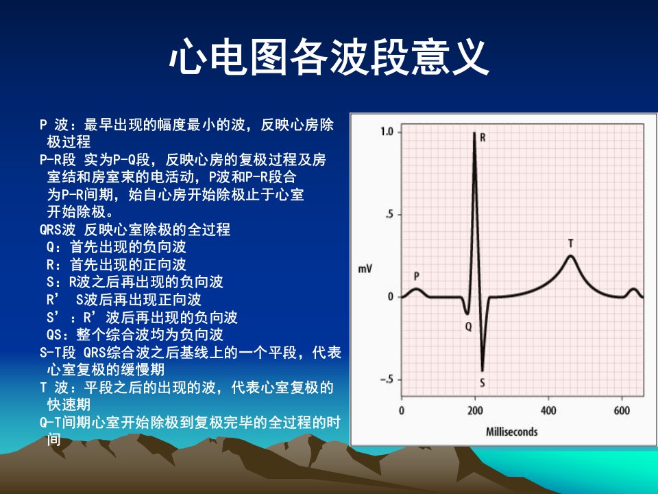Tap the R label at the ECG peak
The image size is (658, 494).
click(x=483, y=138)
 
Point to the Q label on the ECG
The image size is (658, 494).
click(x=468, y=326)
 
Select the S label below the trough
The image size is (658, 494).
click(x=482, y=383)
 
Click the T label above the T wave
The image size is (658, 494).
click(x=570, y=244)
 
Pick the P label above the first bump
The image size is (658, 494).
click(x=416, y=276)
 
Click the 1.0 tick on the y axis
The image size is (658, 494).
click(x=387, y=132)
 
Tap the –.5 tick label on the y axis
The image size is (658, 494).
click(x=387, y=379)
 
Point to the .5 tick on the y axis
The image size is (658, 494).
click(x=389, y=215)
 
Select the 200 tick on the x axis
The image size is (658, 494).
click(x=475, y=410)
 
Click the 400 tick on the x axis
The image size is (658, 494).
click(x=548, y=410)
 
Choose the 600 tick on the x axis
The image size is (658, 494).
click(x=622, y=410)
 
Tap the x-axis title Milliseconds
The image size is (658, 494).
click(x=511, y=432)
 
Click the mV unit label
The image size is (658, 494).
click(x=365, y=268)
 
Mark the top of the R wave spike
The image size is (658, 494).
click(x=474, y=132)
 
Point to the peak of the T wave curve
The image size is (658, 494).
click(x=570, y=255)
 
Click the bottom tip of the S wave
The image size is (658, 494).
click(x=482, y=370)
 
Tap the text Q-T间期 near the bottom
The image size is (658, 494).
click(x=65, y=423)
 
